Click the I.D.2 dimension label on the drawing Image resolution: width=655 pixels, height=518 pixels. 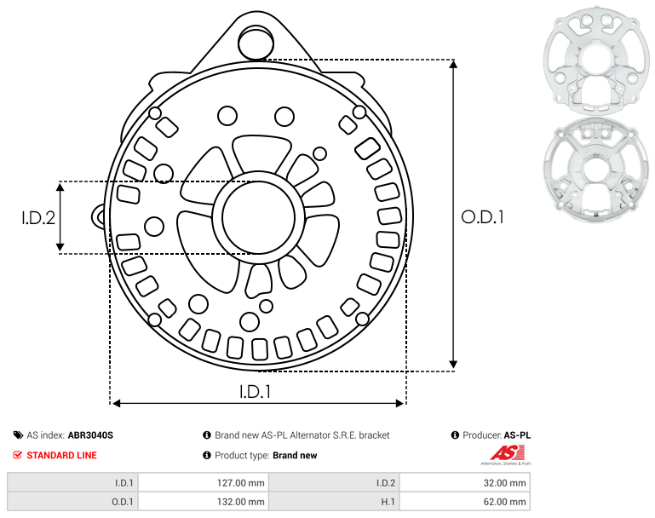(x=38, y=217)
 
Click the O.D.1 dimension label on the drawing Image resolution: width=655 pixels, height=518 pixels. (x=482, y=217)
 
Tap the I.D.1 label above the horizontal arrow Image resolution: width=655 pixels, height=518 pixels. (x=256, y=391)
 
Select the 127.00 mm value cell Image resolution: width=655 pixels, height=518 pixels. (x=204, y=483)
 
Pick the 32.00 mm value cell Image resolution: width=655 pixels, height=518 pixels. (x=465, y=483)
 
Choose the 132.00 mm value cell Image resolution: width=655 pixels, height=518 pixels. (x=204, y=501)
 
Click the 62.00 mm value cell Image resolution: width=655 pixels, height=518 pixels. (x=465, y=501)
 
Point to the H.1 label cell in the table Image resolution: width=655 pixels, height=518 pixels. (x=334, y=501)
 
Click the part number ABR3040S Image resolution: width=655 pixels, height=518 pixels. (x=90, y=435)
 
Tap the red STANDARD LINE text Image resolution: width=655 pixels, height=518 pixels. (x=62, y=455)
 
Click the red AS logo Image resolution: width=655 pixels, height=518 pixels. (x=507, y=453)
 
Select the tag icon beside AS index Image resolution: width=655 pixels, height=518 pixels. (x=18, y=435)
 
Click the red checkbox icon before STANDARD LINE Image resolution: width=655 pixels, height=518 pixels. (x=18, y=455)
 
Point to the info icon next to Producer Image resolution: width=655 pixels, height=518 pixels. (x=455, y=435)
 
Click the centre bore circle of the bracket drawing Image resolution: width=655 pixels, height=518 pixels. (x=259, y=217)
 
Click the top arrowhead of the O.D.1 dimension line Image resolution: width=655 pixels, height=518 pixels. (x=454, y=64)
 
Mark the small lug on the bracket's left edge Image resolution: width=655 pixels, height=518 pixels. (x=98, y=216)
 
